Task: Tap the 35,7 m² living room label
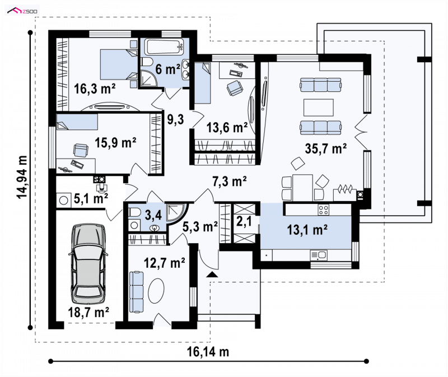coord(326,148)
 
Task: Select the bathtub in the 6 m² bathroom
coord(164,47)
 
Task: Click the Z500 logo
coord(22,11)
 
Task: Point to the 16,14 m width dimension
coord(208,352)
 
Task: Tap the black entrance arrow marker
coord(212,275)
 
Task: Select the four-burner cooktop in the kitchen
coord(324,210)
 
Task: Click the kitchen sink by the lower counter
coord(319,255)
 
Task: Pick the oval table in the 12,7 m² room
coord(156,290)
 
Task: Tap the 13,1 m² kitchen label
coord(307,229)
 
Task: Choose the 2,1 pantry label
coord(244,221)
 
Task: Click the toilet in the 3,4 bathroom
coord(134,212)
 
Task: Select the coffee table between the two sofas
coord(318,107)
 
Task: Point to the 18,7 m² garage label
coord(88,312)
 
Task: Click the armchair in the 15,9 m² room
coord(81,150)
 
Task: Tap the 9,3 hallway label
coord(175,119)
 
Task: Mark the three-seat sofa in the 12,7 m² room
coord(136,292)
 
